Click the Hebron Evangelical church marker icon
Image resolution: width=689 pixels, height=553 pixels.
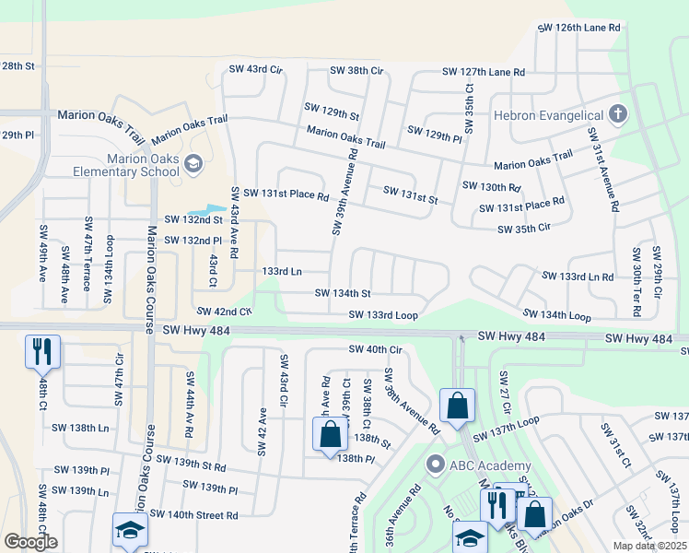(x=617, y=115)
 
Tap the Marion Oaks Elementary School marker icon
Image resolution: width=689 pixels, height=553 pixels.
(x=193, y=164)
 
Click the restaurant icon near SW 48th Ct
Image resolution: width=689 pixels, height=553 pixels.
(x=42, y=352)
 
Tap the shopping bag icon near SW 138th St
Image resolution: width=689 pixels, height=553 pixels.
(x=330, y=435)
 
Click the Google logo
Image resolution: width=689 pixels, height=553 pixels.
(x=30, y=542)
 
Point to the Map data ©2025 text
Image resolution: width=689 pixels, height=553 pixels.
(x=649, y=546)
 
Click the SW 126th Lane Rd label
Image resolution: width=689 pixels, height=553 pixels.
(x=580, y=29)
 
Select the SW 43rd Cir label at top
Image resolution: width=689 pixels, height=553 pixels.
(x=254, y=70)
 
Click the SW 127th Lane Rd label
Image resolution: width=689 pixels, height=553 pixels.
(x=484, y=71)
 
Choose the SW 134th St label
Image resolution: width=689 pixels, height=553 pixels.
(x=343, y=294)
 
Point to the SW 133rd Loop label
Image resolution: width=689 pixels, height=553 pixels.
(x=383, y=315)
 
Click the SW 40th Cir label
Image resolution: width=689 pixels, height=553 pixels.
(x=376, y=349)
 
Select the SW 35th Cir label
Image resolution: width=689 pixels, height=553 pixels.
(x=524, y=228)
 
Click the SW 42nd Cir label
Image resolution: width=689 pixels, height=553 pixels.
(x=223, y=312)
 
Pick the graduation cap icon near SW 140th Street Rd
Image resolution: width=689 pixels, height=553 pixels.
(x=130, y=530)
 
